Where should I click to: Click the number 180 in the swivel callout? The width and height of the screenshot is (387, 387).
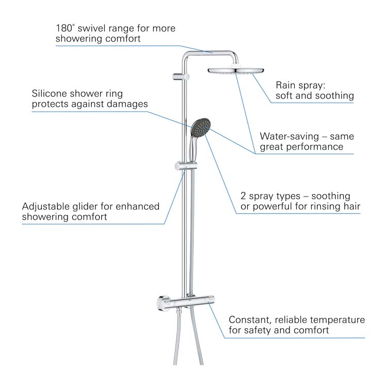coord(63,28)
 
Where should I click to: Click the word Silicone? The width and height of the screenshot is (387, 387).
coord(50,93)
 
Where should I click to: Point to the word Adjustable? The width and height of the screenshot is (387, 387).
coord(45,206)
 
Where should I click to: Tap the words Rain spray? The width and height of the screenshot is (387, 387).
coord(300,85)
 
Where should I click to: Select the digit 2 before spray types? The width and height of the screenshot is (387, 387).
coord(243,196)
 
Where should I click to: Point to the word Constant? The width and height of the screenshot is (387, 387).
coord(250,320)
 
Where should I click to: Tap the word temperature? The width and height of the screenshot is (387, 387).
coord(337,320)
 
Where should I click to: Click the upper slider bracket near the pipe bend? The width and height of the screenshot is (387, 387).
coord(181,76)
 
